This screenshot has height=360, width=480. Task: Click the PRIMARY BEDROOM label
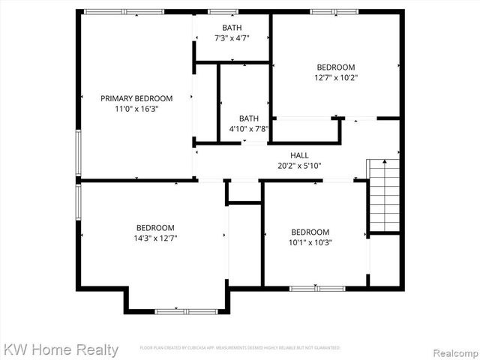[x=136, y=98]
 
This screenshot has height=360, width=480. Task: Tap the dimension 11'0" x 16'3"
[x=136, y=109]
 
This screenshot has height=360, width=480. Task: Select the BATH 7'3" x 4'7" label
[x=232, y=28]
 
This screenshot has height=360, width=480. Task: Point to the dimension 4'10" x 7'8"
[x=248, y=129]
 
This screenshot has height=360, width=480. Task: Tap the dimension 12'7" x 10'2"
[x=335, y=77]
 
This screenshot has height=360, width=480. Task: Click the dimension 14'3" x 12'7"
[x=155, y=238]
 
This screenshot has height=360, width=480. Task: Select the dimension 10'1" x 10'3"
[x=310, y=242]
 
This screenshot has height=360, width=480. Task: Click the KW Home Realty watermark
[x=60, y=349]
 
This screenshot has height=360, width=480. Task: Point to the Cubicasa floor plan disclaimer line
[x=240, y=348]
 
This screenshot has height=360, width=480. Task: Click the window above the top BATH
[x=223, y=11]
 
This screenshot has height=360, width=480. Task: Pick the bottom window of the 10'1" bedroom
[x=317, y=288]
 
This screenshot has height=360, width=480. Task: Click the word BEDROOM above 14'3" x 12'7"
[x=155, y=228]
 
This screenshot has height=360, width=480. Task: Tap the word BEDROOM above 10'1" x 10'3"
[x=310, y=232]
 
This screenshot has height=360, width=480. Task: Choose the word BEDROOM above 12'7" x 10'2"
[x=335, y=67]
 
